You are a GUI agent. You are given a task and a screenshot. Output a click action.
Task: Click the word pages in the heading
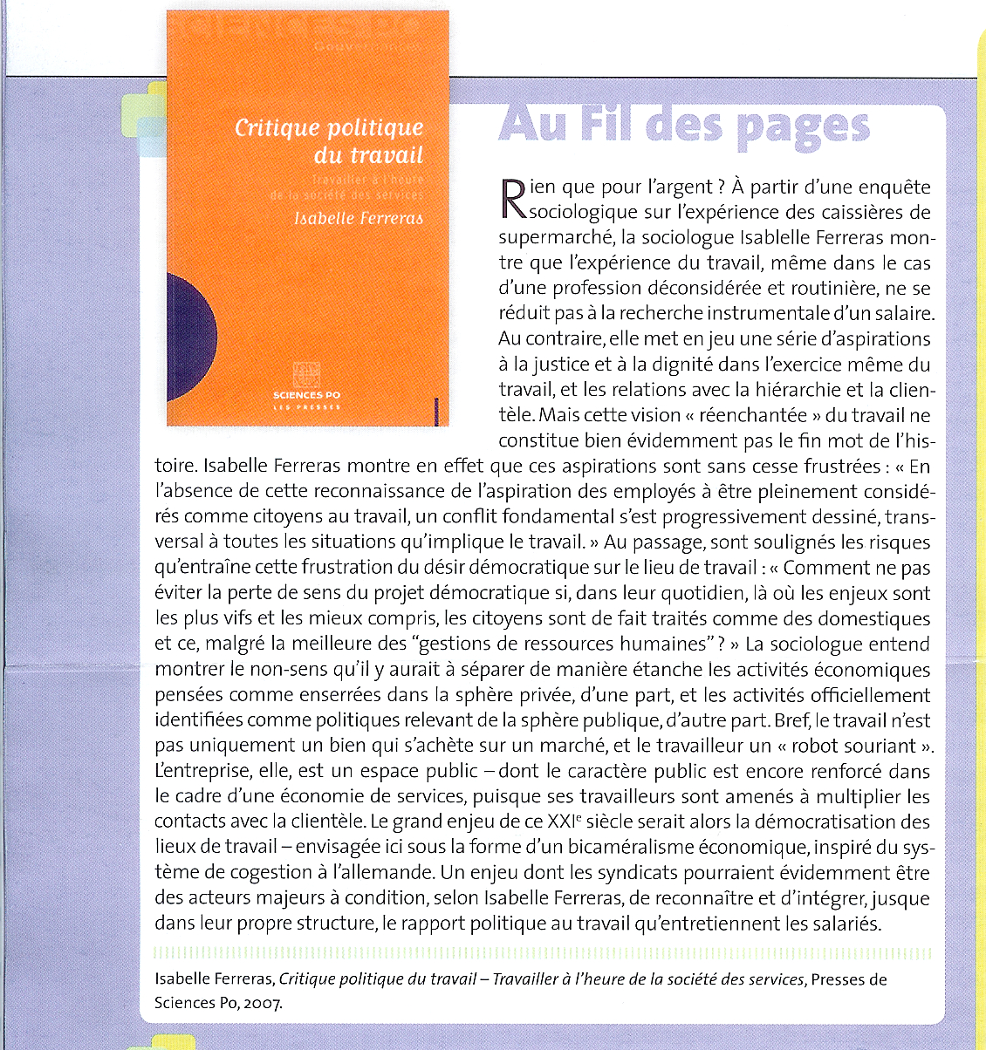pyautogui.click(x=803, y=127)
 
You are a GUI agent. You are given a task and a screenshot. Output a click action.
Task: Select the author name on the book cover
pyautogui.click(x=359, y=218)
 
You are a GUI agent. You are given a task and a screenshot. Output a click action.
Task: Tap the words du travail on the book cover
pyautogui.click(x=368, y=156)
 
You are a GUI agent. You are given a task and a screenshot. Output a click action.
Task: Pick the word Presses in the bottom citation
pyautogui.click(x=839, y=979)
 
